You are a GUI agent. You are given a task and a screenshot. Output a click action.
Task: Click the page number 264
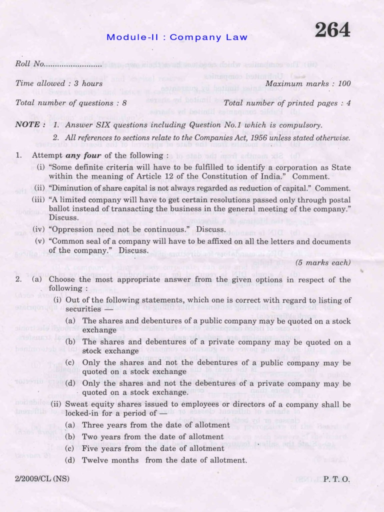[332, 31]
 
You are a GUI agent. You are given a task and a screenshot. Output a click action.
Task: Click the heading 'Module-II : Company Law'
[176, 37]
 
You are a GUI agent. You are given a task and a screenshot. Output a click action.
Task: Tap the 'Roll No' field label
[29, 64]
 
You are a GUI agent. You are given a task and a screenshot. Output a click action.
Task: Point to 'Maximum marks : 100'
[308, 83]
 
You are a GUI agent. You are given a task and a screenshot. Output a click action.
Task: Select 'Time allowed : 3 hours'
[59, 83]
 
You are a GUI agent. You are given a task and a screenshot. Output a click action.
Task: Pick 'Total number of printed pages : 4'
[287, 103]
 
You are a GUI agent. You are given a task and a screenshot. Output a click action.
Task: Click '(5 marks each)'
[323, 262]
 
